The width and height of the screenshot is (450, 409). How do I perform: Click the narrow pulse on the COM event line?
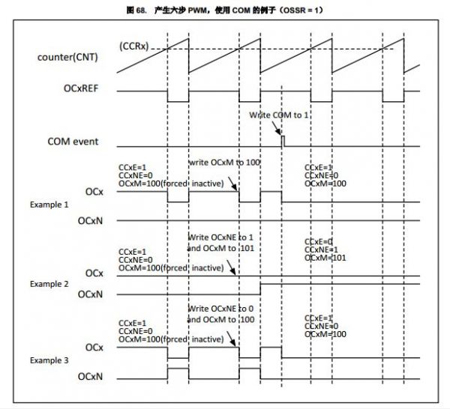point(283,139)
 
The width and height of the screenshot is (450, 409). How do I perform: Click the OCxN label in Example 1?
point(91,221)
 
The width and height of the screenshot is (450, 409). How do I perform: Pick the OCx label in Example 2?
point(94,273)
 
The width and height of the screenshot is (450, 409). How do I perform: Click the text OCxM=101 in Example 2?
point(326,257)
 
